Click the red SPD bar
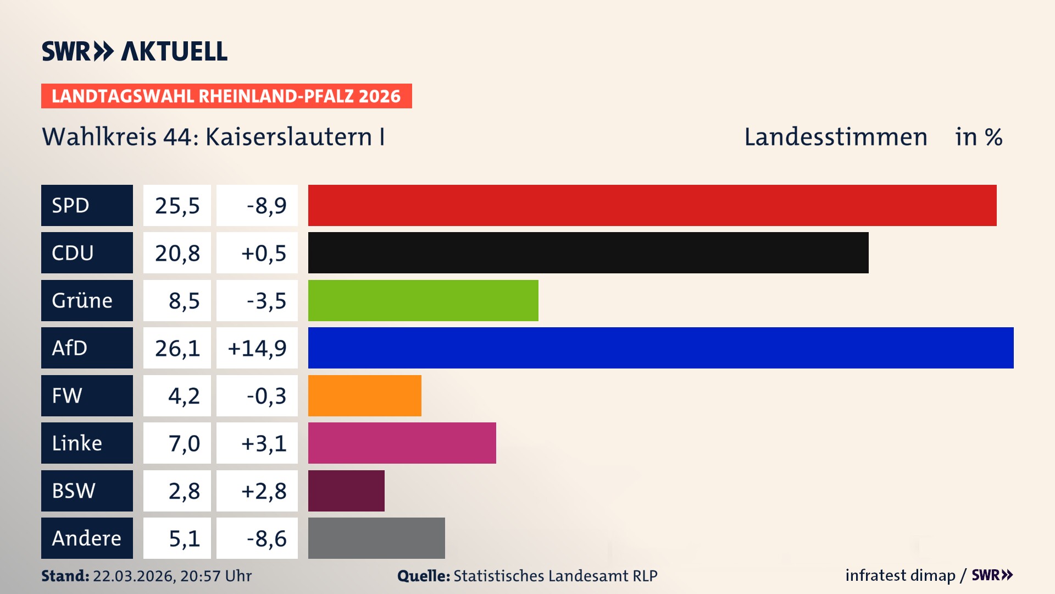pyautogui.click(x=652, y=205)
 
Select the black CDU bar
pyautogui.click(x=588, y=253)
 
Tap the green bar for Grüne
pyautogui.click(x=423, y=300)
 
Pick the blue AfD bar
pyautogui.click(x=660, y=348)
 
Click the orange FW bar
pyautogui.click(x=364, y=395)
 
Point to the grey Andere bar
pyautogui.click(x=376, y=538)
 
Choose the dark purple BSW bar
pyautogui.click(x=346, y=491)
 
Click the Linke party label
pyautogui.click(x=77, y=443)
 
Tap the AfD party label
pyautogui.click(x=70, y=348)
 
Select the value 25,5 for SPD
pyautogui.click(x=177, y=206)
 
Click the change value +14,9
pyautogui.click(x=257, y=348)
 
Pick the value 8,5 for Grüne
pyautogui.click(x=184, y=301)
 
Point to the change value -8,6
pyautogui.click(x=266, y=538)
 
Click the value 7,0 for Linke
pyautogui.click(x=184, y=443)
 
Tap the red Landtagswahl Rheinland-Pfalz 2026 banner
pyautogui.click(x=226, y=96)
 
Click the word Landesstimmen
pyautogui.click(x=836, y=137)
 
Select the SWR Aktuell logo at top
pyautogui.click(x=135, y=51)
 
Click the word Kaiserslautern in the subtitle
pyautogui.click(x=288, y=137)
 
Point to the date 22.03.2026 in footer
pyautogui.click(x=134, y=576)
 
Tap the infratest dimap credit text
pyautogui.click(x=900, y=575)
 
